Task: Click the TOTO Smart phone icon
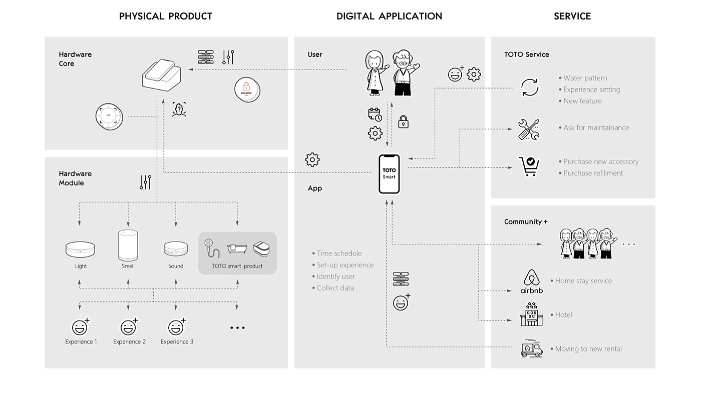389,173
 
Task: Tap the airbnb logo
531,281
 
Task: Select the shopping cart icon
529,166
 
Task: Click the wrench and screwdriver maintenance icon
529,129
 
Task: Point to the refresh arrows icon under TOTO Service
529,87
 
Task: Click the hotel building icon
531,314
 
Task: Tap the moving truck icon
531,349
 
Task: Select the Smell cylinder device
128,245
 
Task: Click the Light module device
81,249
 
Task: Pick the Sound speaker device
176,248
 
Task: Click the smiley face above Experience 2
129,328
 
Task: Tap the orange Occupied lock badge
247,90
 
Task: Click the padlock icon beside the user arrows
403,121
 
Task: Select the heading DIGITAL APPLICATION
389,16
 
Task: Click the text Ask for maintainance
596,127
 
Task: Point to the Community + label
526,221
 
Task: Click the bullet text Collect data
335,288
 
